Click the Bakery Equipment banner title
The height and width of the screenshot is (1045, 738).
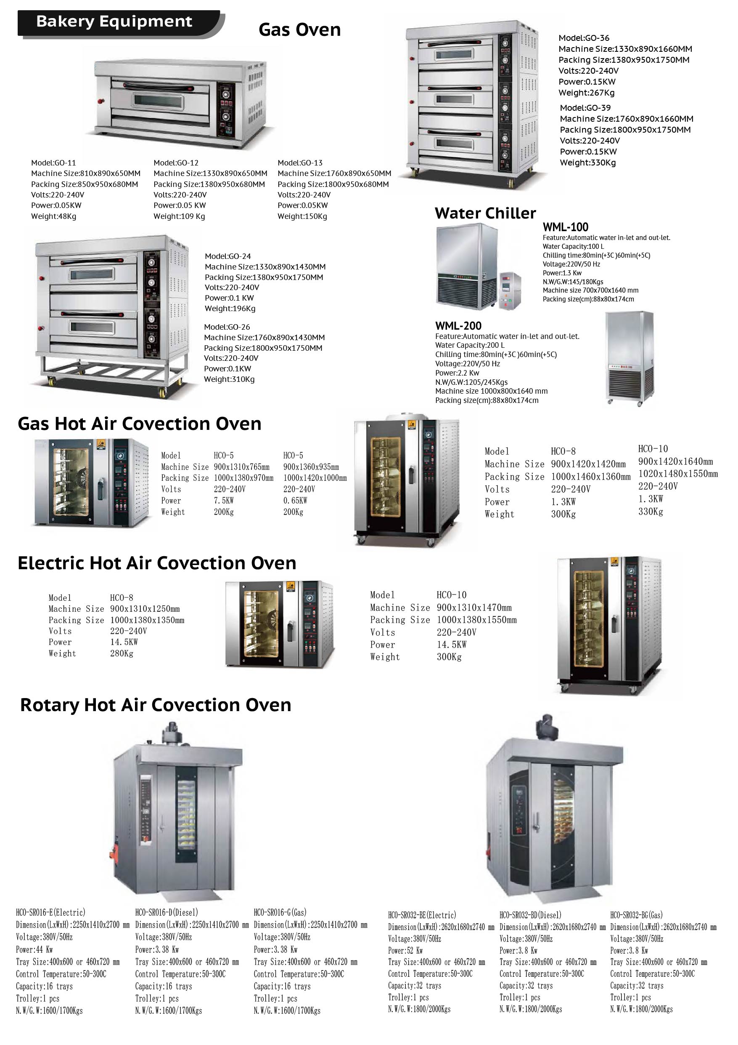point(114,21)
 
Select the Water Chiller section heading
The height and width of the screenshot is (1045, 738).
point(485,213)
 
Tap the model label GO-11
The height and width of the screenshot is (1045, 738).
point(54,163)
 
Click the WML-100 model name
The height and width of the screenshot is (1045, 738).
point(565,227)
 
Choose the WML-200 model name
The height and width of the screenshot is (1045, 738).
point(458,325)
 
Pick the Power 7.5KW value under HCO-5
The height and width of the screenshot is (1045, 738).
point(224,501)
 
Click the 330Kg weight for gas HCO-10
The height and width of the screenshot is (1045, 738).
point(650,512)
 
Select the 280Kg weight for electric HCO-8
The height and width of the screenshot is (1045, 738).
point(122,653)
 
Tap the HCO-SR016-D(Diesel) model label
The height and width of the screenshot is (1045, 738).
point(167,912)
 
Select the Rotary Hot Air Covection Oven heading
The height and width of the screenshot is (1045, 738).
point(156,705)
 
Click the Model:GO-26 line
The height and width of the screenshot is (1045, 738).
point(227,327)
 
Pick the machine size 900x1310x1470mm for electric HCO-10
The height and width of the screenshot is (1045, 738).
point(474,608)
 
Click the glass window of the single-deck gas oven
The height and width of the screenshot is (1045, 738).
point(158,101)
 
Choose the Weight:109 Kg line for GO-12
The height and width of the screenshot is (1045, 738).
point(179,216)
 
